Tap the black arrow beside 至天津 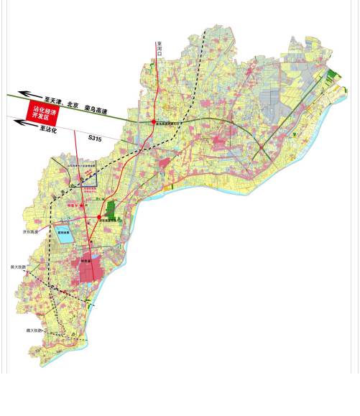coord(29,94)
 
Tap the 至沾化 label coord(47,129)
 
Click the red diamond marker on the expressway coord(153,121)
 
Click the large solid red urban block coord(91,267)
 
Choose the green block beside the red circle coord(111,210)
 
